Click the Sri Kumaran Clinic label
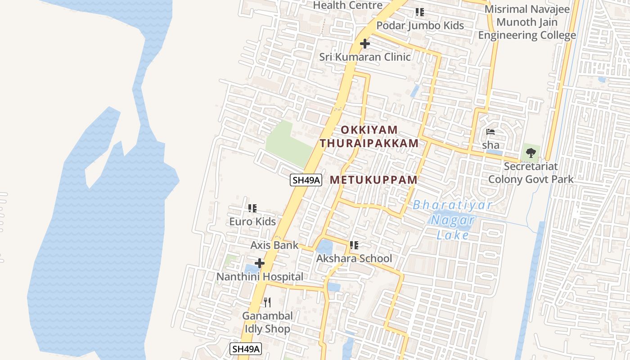point(365,57)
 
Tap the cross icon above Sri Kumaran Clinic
point(365,44)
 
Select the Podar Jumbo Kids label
point(420,25)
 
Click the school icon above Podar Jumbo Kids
point(420,12)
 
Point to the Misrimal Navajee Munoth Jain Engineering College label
point(527,22)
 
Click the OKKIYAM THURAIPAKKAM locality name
point(369,136)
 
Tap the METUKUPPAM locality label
point(373,180)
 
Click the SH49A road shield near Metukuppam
point(306,180)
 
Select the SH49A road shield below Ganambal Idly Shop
point(245,349)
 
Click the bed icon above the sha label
point(490,132)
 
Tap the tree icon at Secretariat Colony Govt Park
point(531,153)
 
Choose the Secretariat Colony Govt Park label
point(531,173)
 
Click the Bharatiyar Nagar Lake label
point(452,220)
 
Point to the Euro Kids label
point(252,221)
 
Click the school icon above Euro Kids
point(252,208)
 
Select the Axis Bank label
point(274,245)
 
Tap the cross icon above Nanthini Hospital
point(260,263)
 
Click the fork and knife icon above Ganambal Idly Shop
point(267,302)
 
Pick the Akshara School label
point(354,258)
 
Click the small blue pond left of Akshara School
point(324,247)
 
